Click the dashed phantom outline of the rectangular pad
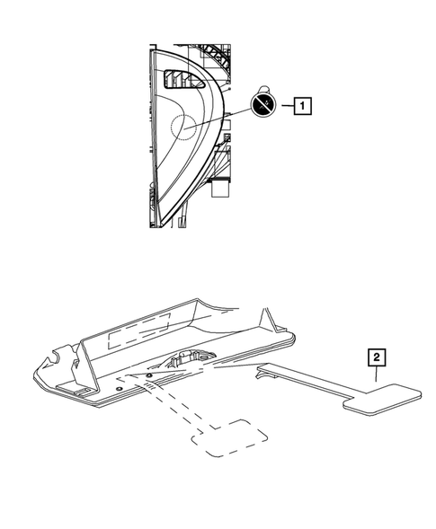coord(232,437)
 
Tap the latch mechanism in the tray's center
coord(187,361)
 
